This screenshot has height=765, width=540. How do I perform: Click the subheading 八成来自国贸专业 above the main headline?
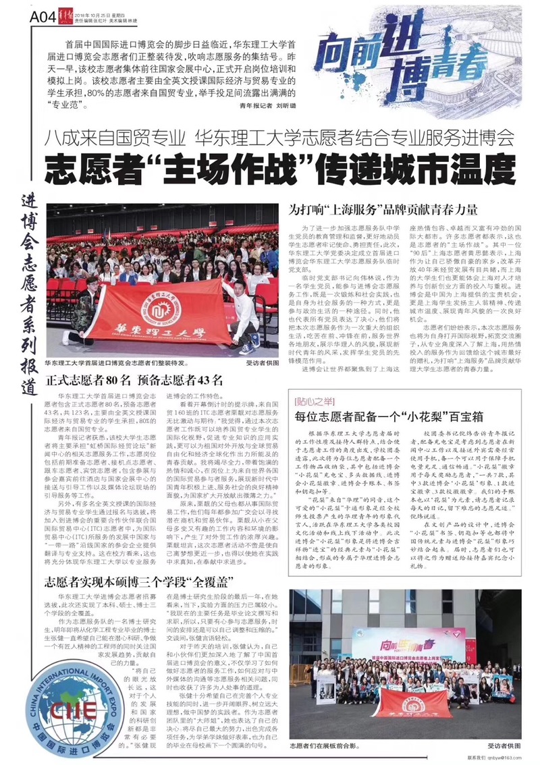pos(114,140)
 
